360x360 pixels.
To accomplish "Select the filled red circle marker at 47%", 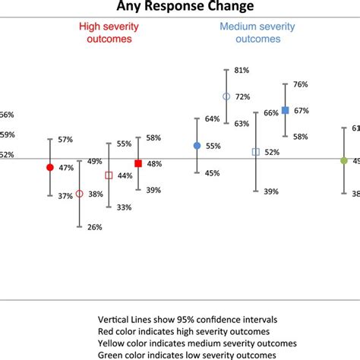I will (x=50, y=167).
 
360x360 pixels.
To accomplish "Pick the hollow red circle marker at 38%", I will (x=79, y=194).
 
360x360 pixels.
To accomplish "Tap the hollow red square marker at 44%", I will (x=109, y=175).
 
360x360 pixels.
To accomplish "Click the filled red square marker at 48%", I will (x=138, y=163).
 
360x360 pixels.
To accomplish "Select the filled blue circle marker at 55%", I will (x=197, y=146).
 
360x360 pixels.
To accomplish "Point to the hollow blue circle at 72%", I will (x=226, y=96).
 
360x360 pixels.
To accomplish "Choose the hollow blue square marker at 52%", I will (x=255, y=152).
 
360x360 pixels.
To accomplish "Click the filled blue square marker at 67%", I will (x=285, y=110).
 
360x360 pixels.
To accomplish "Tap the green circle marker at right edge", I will (x=343, y=160).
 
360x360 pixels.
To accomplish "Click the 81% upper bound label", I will (x=242, y=71).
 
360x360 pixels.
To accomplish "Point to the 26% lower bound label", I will (x=95, y=227).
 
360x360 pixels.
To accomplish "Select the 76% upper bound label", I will (x=301, y=84).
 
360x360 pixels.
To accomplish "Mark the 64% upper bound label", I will (x=213, y=118).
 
